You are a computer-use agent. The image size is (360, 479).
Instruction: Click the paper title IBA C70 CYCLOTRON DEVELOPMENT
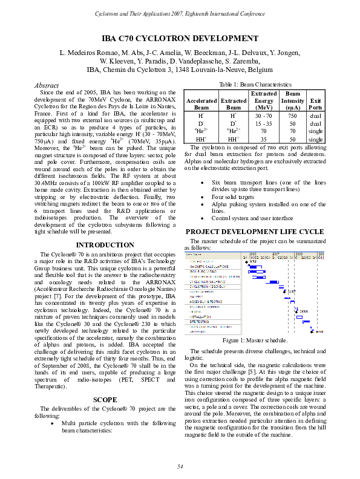(x=180, y=37)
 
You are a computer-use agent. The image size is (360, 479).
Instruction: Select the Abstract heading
(x=48, y=86)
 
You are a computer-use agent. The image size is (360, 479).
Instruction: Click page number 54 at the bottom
(x=180, y=465)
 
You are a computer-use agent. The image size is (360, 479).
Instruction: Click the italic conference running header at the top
(x=180, y=13)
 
